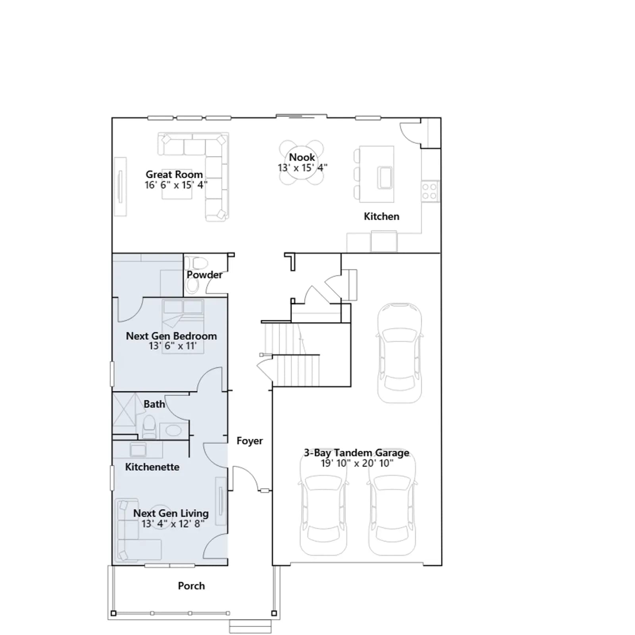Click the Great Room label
[174, 175]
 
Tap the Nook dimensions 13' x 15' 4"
[302, 168]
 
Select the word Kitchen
[381, 216]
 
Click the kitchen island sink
[385, 177]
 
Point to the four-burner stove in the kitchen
[429, 191]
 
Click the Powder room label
[204, 275]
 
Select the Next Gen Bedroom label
[171, 336]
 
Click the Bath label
[154, 404]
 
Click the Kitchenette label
[152, 467]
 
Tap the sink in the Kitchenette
[138, 450]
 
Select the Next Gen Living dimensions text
[173, 524]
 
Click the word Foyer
[250, 441]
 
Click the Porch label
[191, 586]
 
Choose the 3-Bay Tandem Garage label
[356, 453]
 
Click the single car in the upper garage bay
[399, 353]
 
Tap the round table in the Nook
[301, 163]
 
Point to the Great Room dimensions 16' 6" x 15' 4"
[176, 185]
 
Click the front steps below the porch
[250, 626]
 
